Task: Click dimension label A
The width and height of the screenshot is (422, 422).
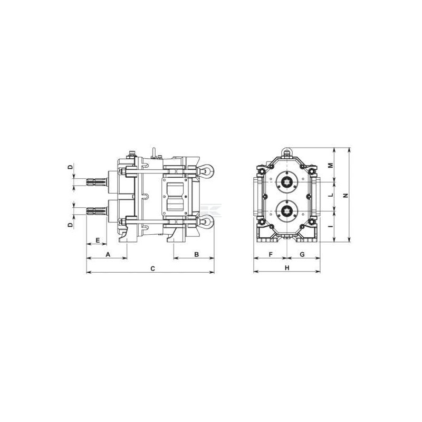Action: (x=108, y=254)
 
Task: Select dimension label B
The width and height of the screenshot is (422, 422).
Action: (x=196, y=254)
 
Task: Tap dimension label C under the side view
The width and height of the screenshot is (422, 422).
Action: (x=152, y=268)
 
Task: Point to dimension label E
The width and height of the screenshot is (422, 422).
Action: (x=98, y=240)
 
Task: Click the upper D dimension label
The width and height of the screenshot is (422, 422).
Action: (x=70, y=167)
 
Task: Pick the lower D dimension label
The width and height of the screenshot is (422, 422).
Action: (x=70, y=225)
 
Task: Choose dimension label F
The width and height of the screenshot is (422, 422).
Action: (x=271, y=254)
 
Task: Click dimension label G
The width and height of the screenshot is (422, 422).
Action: (x=302, y=254)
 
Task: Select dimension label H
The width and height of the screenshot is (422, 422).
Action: (x=287, y=268)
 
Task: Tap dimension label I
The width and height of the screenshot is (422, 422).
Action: (x=331, y=226)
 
